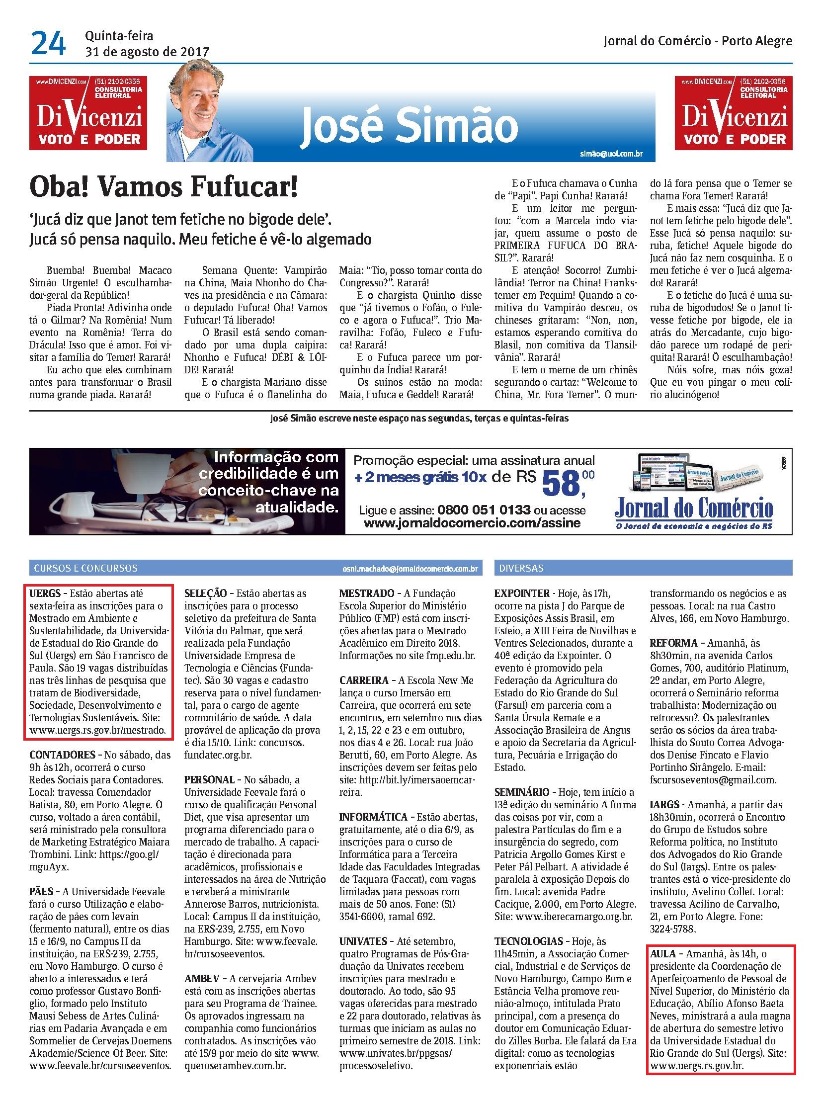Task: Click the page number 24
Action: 48,43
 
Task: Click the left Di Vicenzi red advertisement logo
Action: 88,113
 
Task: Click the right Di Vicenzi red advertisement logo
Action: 734,113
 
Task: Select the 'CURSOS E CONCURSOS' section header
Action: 85,568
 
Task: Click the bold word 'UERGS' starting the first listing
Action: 45,593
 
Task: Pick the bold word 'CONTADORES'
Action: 62,755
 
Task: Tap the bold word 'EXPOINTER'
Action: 522,593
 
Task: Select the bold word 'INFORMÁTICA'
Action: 373,817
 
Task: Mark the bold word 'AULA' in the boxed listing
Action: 663,954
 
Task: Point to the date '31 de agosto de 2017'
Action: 147,52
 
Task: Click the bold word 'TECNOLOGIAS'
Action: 528,941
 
